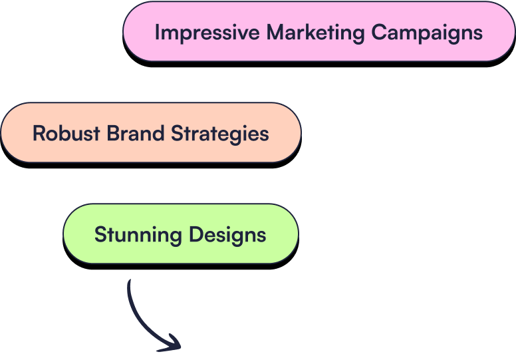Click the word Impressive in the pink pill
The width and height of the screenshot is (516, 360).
[x=207, y=32]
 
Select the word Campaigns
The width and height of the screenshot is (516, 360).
[x=427, y=32]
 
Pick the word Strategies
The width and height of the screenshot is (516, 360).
[x=220, y=134]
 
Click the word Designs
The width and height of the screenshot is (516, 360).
[x=227, y=234]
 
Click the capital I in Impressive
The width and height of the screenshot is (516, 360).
[x=157, y=32]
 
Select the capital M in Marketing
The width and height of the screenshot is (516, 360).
[x=275, y=32]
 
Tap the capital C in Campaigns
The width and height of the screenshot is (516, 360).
[x=378, y=32]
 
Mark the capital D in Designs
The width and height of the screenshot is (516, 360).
[x=195, y=234]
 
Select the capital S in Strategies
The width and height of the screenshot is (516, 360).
[x=177, y=133]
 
